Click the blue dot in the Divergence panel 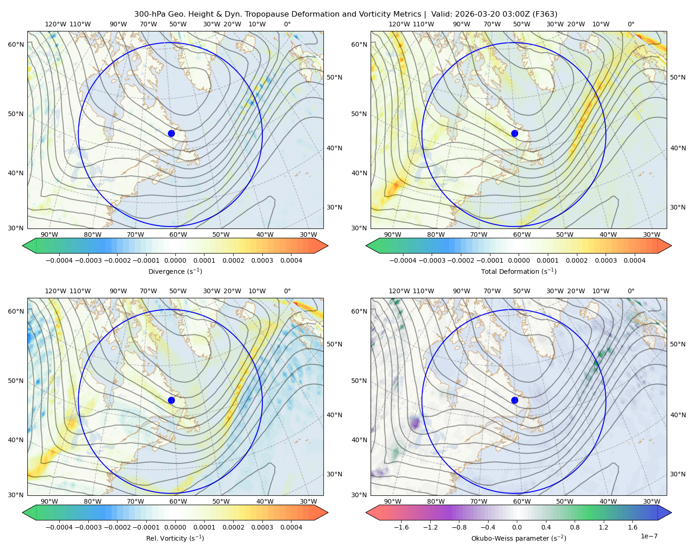click(171, 133)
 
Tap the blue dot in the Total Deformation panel click(514, 133)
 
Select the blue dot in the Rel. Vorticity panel click(171, 400)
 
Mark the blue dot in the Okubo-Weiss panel click(514, 400)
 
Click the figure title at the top click(346, 14)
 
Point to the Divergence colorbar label click(175, 271)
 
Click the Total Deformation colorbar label click(519, 271)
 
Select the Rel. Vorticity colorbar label click(175, 538)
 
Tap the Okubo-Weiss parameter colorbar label click(519, 538)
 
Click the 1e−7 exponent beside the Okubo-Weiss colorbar click(649, 536)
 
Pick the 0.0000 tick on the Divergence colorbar click(175, 260)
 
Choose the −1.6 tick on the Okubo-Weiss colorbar click(402, 527)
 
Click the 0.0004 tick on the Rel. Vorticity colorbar click(291, 527)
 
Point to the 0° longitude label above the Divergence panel click(287, 24)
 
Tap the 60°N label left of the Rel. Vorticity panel click(16, 311)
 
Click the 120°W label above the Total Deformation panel click(399, 24)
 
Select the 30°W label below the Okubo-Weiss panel click(651, 501)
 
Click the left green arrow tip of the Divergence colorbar click(23, 246)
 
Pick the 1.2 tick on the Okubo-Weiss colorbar click(603, 527)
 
